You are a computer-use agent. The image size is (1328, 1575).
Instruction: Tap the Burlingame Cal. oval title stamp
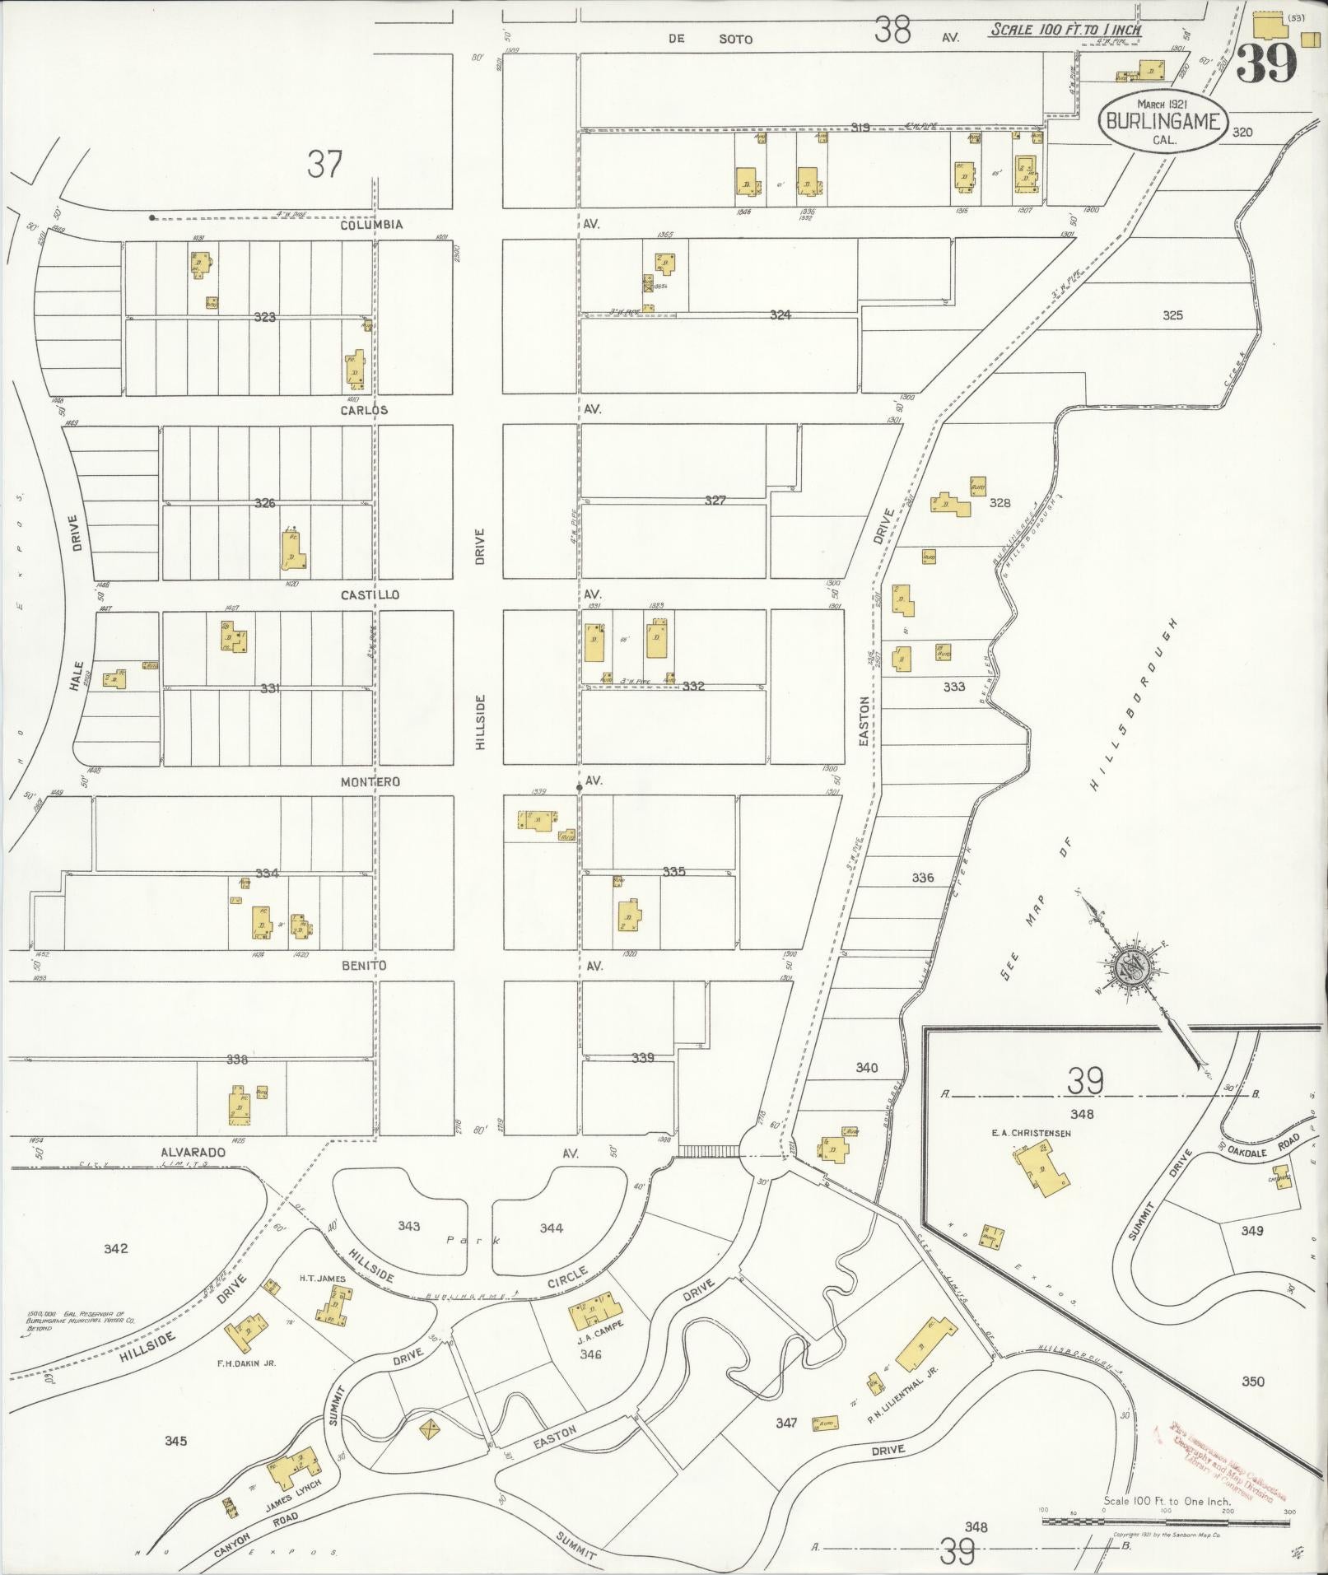[1163, 121]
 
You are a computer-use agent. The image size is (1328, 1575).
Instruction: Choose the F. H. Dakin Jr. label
[246, 1363]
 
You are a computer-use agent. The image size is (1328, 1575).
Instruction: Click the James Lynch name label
[291, 1486]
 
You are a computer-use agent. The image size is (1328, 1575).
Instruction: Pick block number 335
[673, 871]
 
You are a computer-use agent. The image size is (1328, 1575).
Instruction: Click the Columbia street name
[373, 224]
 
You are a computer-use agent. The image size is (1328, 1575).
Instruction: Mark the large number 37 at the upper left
[324, 164]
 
